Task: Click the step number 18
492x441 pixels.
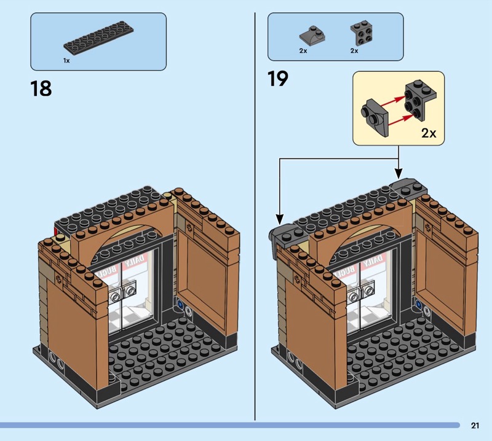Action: pos(41,88)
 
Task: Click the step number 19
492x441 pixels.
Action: pos(278,79)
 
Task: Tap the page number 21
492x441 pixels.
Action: pos(475,425)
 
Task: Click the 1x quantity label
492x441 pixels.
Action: pos(66,61)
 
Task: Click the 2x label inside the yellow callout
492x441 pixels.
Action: pos(429,133)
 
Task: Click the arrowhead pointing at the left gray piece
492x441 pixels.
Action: pos(279,219)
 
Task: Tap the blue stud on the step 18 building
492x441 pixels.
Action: pos(180,303)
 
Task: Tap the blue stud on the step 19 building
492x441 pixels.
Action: pos(419,303)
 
